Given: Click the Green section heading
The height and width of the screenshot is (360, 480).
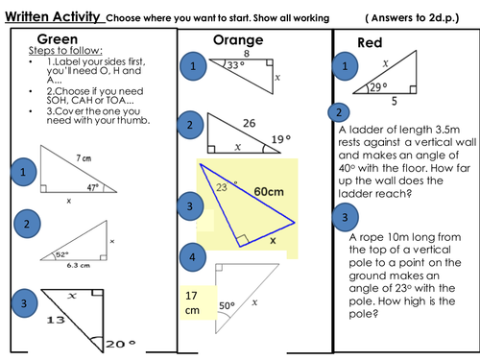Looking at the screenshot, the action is [x=58, y=39].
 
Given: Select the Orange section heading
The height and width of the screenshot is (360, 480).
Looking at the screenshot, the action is [x=238, y=40].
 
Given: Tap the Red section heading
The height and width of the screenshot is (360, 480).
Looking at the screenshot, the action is [x=370, y=43].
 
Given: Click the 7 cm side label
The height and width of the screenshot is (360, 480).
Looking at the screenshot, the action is [x=84, y=158].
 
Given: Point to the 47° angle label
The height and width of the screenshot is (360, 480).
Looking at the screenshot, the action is [x=93, y=187].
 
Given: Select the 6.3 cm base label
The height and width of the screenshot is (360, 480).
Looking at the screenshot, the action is [x=79, y=265].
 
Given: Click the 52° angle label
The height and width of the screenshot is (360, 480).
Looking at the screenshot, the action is [x=62, y=254].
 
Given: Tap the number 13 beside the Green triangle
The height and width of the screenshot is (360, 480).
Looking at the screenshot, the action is [x=56, y=320].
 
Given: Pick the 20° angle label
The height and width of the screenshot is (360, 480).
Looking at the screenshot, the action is [x=121, y=345].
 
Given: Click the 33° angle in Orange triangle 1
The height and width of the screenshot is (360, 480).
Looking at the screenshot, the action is [x=236, y=65].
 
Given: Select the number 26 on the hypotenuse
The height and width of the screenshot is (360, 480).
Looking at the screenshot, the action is [x=249, y=123].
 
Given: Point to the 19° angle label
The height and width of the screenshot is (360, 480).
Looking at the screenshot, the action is [x=281, y=139].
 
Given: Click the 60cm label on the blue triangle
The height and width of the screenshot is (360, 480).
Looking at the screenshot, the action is [x=269, y=192].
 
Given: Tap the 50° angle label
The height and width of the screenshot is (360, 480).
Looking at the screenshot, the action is [x=227, y=305].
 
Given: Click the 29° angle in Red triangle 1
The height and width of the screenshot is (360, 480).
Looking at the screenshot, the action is [x=378, y=87].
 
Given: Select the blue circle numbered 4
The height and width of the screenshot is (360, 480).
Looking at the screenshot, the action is [x=192, y=257].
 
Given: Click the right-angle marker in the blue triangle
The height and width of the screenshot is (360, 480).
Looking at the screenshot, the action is [x=242, y=240].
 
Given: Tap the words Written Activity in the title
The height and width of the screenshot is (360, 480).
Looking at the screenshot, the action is [x=53, y=16].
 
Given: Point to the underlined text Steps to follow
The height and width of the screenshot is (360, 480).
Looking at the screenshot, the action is [x=65, y=51].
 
